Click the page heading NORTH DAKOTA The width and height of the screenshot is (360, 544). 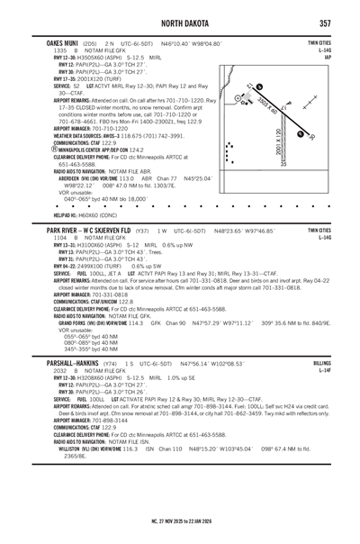click(180, 22)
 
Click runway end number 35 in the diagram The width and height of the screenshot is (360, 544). click(283, 165)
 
